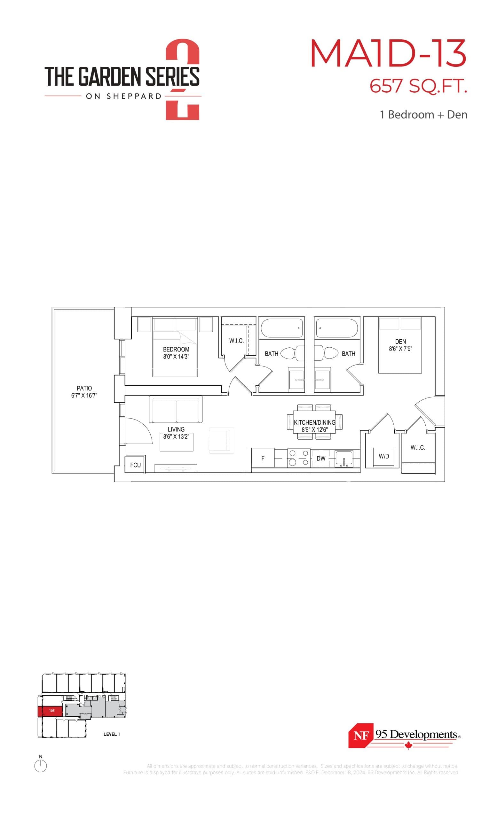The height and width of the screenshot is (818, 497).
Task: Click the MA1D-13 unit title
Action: tap(388, 53)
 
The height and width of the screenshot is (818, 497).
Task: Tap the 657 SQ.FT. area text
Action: tap(418, 86)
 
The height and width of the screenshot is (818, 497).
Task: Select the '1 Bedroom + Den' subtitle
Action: tap(423, 114)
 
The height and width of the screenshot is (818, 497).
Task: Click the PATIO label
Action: tap(84, 388)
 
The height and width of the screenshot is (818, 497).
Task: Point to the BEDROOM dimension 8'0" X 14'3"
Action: tap(176, 357)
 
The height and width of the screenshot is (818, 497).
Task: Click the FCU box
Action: tap(135, 465)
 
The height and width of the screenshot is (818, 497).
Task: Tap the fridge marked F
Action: tap(263, 458)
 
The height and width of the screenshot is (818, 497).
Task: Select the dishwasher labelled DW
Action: tap(320, 459)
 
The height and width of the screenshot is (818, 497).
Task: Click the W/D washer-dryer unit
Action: tap(384, 457)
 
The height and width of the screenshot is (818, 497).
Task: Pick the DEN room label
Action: tap(400, 341)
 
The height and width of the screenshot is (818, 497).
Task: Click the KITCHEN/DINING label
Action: tap(314, 423)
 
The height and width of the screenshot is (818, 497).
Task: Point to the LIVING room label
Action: tap(176, 429)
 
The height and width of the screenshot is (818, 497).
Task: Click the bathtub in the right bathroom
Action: tap(336, 328)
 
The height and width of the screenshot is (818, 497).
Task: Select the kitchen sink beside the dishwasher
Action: tap(344, 459)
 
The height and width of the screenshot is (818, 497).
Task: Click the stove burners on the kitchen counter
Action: tap(299, 458)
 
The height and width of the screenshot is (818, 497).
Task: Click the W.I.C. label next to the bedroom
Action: tap(236, 341)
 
